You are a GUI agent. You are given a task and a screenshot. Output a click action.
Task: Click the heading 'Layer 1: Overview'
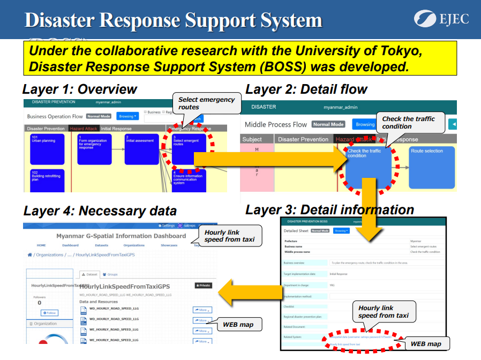click(80, 89)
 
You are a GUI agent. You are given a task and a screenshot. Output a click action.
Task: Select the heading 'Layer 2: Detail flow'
click(306, 89)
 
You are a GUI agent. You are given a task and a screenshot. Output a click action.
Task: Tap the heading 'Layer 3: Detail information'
click(329, 209)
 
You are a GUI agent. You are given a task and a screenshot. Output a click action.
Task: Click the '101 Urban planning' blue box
click(47, 148)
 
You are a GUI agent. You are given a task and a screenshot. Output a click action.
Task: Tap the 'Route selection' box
click(431, 167)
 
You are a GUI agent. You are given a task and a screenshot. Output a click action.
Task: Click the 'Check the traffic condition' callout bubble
click(411, 123)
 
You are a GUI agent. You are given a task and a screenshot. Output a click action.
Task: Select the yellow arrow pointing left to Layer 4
click(250, 292)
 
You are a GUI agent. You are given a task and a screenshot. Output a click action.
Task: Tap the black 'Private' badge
click(203, 286)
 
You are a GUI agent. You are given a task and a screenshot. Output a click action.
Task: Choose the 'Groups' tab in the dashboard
click(110, 274)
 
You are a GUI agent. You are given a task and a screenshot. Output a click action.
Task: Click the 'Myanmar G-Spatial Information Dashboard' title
click(121, 236)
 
